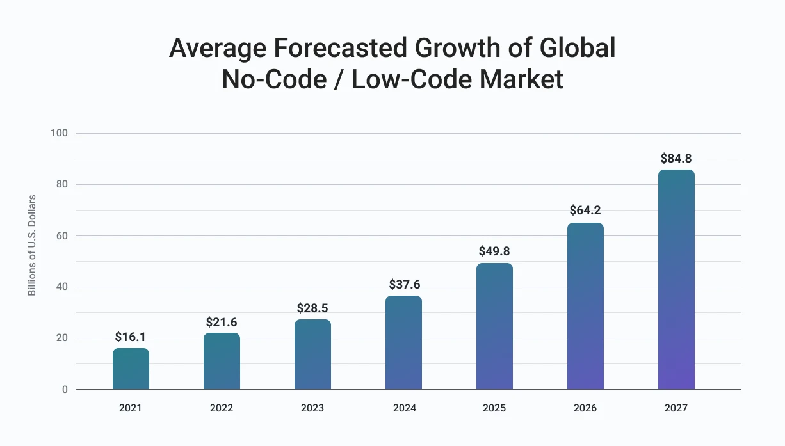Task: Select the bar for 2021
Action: [131, 369]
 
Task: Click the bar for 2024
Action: [404, 342]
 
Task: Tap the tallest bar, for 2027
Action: [676, 279]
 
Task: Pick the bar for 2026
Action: [585, 306]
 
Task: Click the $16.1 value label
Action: [131, 337]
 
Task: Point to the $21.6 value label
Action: [222, 322]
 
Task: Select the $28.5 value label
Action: [312, 308]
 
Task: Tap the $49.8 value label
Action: [494, 251]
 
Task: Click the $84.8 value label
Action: [676, 158]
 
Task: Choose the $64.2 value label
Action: [585, 211]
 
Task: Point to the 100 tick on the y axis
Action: [59, 133]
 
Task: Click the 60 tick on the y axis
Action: [61, 235]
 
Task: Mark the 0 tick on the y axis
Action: [65, 390]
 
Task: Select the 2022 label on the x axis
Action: [222, 408]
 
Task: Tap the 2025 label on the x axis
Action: [494, 408]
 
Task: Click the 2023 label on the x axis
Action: [312, 408]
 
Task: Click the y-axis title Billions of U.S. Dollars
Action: [32, 245]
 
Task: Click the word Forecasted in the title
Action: [340, 47]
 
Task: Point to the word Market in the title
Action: [521, 79]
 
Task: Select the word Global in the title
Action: [578, 47]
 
